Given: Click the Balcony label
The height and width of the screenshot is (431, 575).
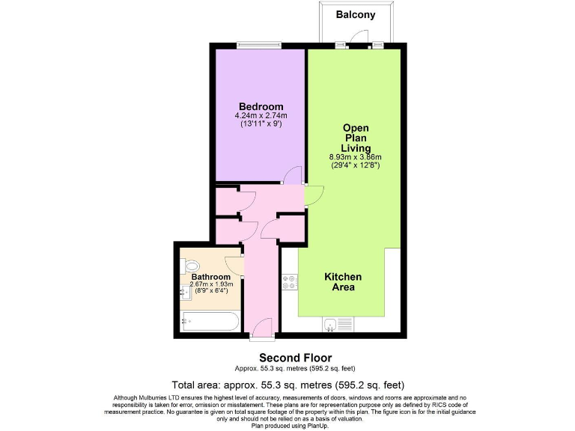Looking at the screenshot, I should tap(355, 15).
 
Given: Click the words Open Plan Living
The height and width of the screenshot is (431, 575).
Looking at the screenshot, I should tap(356, 138).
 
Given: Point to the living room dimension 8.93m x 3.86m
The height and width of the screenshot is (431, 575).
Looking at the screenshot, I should tap(356, 156).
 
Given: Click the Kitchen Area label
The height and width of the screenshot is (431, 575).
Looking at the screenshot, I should tap(344, 281).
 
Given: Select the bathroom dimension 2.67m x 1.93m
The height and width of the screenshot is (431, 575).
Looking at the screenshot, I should tap(211, 284).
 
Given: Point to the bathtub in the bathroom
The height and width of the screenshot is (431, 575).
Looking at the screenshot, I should tap(210, 323).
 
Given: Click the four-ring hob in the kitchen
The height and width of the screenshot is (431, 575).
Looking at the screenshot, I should tap(289, 282).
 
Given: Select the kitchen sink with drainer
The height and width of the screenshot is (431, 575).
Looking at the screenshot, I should tap(338, 324).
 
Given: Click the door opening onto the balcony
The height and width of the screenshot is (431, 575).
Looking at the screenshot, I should tap(362, 37).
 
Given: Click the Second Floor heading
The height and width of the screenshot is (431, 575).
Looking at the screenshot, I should tap(295, 358).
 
